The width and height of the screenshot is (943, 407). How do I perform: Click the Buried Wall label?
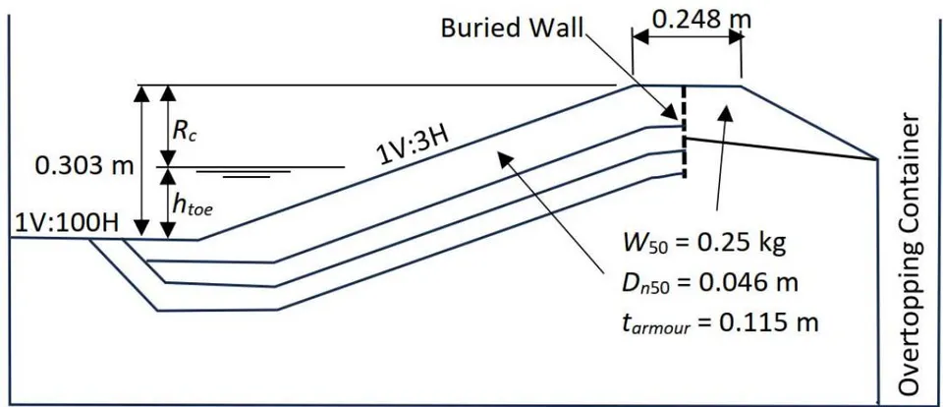[513, 29]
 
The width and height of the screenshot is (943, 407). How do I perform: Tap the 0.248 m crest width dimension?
[701, 20]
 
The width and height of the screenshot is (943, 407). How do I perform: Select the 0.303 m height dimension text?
[84, 166]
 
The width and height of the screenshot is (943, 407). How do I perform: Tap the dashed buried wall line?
[684, 132]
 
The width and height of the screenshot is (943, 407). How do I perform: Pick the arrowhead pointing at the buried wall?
[671, 113]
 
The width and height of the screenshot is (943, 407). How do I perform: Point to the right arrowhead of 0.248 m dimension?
[733, 36]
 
